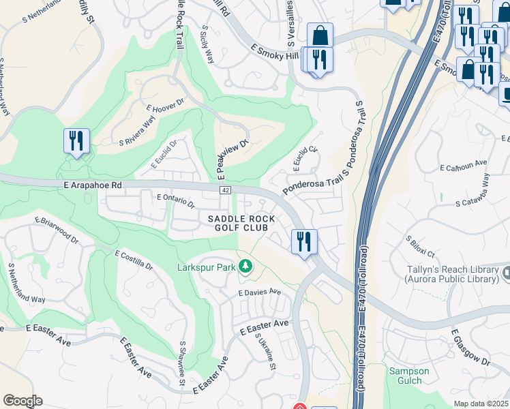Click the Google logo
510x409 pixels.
23,401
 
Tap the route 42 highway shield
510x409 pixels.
225,190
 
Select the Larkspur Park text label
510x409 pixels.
205,267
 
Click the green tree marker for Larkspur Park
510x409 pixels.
244,267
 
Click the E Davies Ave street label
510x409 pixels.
259,292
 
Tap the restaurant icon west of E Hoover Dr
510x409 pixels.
76,141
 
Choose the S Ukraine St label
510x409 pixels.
264,350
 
